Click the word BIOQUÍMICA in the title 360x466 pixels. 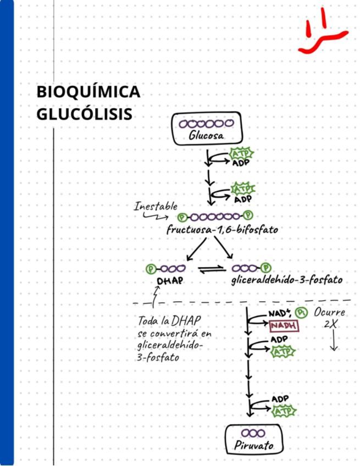pos(88,92)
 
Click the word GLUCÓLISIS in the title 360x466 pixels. pos(85,114)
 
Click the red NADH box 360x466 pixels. pos(284,326)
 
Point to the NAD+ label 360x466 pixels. pos(279,313)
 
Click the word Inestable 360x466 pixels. pos(156,207)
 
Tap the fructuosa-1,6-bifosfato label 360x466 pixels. pos(222,230)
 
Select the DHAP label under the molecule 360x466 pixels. pos(170,281)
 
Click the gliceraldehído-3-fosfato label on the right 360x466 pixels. pos(286,280)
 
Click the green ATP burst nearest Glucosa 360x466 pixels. pos(240,153)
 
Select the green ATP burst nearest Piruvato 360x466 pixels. pos(284,411)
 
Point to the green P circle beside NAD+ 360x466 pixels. pos(301,313)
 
